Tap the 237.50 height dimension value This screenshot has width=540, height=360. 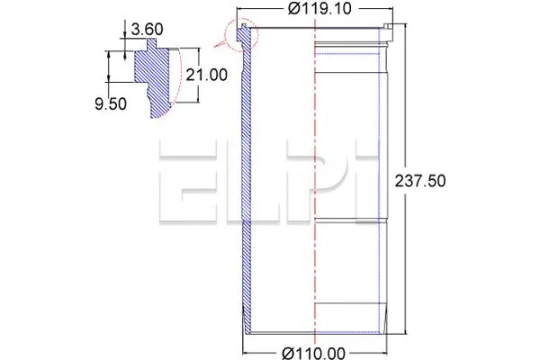(421, 181)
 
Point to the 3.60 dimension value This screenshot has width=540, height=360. (146, 29)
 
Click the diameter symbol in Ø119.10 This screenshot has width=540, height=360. (291, 10)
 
